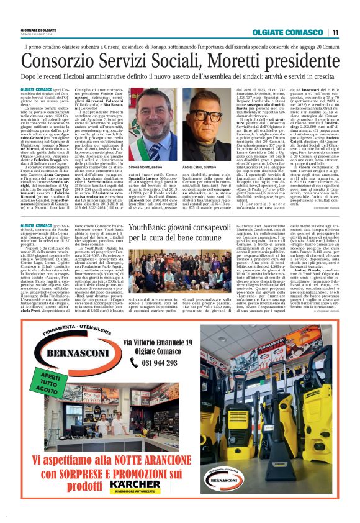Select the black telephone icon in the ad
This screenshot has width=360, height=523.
pos(131,363)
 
